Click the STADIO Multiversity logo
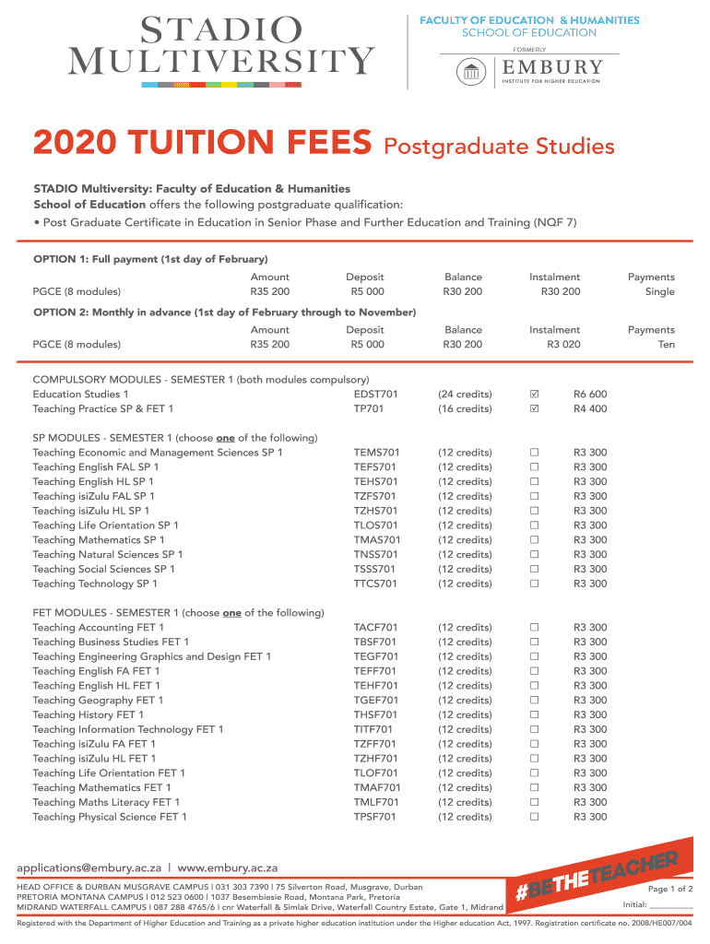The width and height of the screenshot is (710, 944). [221, 46]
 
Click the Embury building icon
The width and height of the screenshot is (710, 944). [473, 70]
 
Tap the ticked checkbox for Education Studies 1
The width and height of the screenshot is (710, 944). [534, 395]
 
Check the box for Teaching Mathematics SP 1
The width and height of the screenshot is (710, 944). [534, 540]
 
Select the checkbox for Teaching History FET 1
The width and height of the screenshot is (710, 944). [534, 715]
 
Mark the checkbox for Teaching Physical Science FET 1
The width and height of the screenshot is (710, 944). [534, 817]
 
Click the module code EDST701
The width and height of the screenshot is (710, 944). [376, 395]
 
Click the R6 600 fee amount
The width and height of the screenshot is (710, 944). [590, 395]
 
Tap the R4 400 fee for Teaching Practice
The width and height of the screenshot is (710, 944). [590, 409]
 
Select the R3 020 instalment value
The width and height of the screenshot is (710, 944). [563, 345]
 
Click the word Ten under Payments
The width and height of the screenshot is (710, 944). [666, 345]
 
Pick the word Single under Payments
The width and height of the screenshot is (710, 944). [660, 292]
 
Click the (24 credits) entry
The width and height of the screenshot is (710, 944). [465, 395]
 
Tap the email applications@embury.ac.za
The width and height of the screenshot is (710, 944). [90, 868]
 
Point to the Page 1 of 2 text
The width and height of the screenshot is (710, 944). [670, 889]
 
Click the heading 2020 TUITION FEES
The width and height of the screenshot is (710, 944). [203, 145]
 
